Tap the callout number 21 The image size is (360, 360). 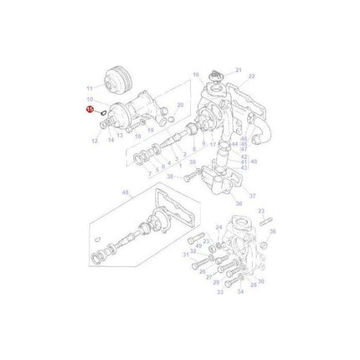(237, 69)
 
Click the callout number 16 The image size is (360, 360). (196, 75)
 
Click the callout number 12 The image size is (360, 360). (95, 140)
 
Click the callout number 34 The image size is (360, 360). (240, 293)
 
